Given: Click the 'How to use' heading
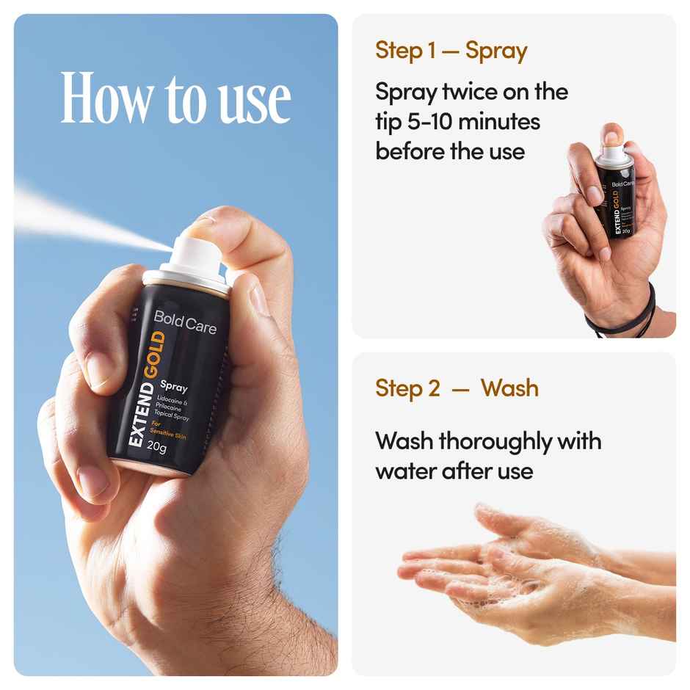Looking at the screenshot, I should click(x=175, y=98).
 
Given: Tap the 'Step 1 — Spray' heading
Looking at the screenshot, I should click(x=451, y=51).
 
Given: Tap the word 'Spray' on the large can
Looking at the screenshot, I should click(x=175, y=385).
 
